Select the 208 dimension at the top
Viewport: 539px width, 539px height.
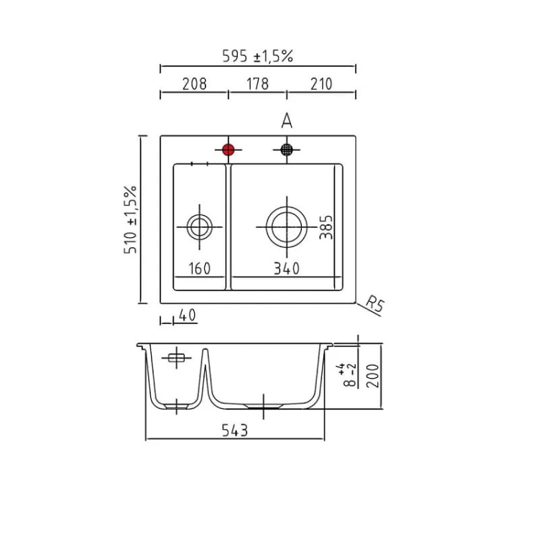pyautogui.click(x=194, y=84)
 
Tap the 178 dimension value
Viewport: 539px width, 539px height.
pyautogui.click(x=257, y=84)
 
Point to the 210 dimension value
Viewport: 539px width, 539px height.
pyautogui.click(x=321, y=84)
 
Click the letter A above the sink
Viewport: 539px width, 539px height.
pyautogui.click(x=287, y=121)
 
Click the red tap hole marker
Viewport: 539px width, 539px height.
pyautogui.click(x=229, y=149)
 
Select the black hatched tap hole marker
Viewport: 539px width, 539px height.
pyautogui.click(x=287, y=149)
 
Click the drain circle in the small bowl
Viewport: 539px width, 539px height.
pyautogui.click(x=199, y=227)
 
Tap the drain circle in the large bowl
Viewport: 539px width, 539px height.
pyautogui.click(x=286, y=227)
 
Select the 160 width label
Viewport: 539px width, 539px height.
pyautogui.click(x=199, y=269)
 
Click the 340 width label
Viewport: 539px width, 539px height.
pyautogui.click(x=286, y=269)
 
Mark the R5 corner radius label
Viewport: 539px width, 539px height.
pyautogui.click(x=374, y=304)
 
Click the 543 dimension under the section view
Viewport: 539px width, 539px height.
pyautogui.click(x=234, y=430)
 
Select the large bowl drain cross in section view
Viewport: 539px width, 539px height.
pyautogui.click(x=264, y=406)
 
